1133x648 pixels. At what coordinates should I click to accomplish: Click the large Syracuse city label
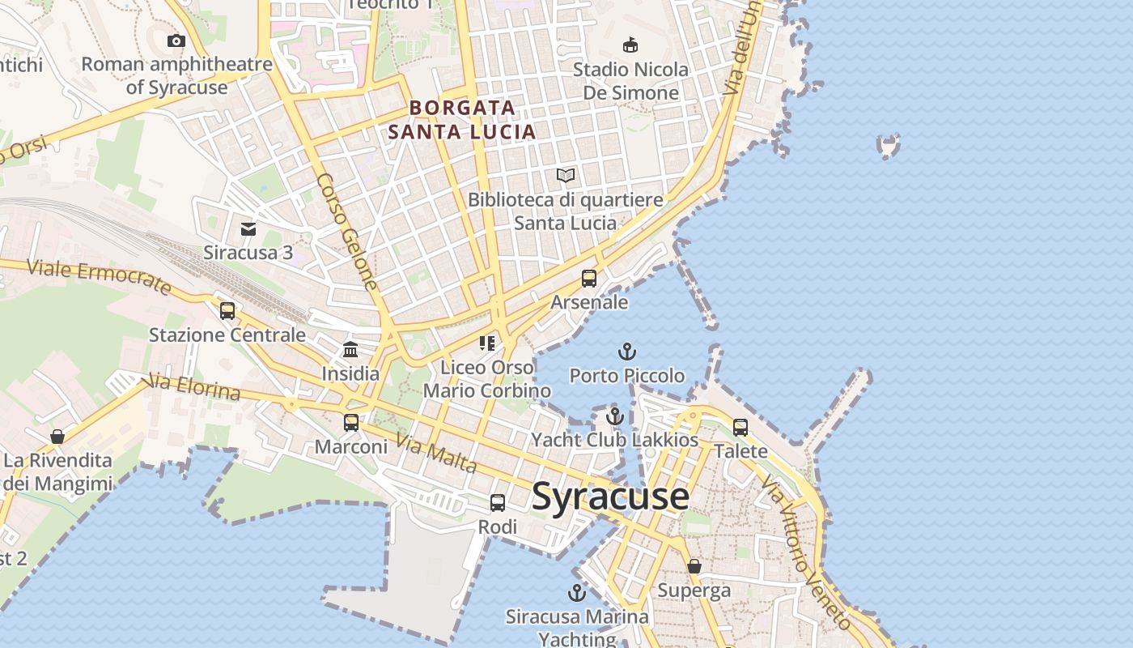tap(610, 496)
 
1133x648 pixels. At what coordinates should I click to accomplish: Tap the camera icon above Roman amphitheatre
tap(176, 40)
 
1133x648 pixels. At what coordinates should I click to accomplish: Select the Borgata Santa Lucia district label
tap(462, 119)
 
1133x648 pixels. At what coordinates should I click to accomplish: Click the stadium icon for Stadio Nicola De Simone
tap(630, 45)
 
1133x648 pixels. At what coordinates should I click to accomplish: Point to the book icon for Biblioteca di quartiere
tap(566, 175)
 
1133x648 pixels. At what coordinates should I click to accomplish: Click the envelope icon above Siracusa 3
tap(248, 229)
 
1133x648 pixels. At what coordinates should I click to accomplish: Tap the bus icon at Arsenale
tap(589, 279)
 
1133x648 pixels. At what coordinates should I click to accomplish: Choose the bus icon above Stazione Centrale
tap(227, 311)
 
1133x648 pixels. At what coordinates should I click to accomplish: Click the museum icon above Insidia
tap(350, 350)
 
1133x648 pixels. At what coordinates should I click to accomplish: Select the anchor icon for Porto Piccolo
tap(627, 352)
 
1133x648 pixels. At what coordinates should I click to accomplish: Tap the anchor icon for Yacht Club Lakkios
tap(615, 416)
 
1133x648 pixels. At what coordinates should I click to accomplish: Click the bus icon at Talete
tap(740, 427)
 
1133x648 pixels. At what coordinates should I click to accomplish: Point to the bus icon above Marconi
tap(350, 423)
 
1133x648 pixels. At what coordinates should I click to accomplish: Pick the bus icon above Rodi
tap(498, 503)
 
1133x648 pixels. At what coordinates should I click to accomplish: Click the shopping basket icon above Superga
tap(694, 566)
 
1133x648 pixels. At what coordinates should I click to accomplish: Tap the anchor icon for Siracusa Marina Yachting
tap(577, 593)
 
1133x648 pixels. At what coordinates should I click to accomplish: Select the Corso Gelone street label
tap(347, 232)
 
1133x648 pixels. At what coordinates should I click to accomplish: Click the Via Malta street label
tap(435, 454)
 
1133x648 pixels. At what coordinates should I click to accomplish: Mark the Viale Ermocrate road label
tap(99, 277)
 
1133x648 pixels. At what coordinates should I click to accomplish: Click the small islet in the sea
tap(889, 146)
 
